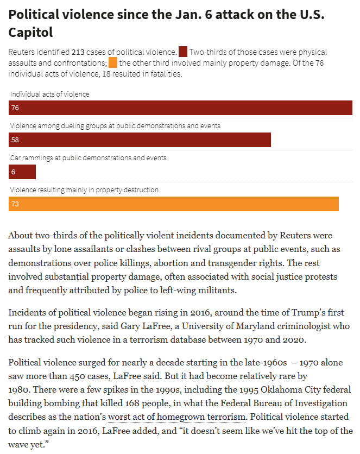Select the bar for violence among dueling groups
140,140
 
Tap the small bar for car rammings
22,172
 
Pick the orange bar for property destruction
174,204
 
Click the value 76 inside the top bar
15,108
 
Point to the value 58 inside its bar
15,140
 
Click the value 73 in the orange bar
15,204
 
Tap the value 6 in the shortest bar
13,172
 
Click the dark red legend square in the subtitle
183,52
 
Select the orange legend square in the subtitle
113,63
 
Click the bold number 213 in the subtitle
79,53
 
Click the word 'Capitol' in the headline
30,33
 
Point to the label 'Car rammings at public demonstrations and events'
89,158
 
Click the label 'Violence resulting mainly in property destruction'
85,190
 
